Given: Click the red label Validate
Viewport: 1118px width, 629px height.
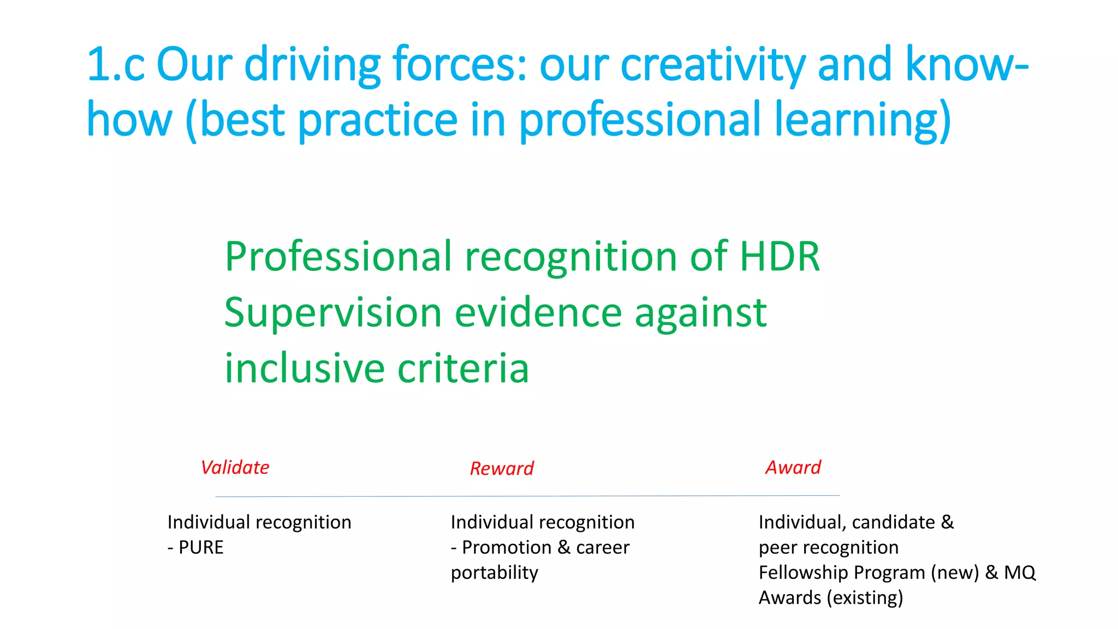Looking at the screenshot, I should [235, 467].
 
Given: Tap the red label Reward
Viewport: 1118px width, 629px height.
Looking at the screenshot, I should [502, 468].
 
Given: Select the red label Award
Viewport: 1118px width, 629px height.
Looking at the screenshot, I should [793, 467].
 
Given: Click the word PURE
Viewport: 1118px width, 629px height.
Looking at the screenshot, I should [201, 547].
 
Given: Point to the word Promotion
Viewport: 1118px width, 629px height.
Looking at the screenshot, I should [507, 547].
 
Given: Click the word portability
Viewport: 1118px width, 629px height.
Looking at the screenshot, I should [494, 572].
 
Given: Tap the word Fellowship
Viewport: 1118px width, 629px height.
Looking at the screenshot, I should [803, 572].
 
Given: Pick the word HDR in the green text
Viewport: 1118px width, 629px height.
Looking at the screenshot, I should [779, 256].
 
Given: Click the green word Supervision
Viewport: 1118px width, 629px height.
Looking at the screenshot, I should [333, 312].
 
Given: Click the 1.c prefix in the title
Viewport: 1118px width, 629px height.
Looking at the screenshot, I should [115, 64].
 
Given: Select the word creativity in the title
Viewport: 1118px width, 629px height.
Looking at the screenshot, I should [712, 64].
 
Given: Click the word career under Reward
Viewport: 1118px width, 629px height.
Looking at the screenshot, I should [603, 547].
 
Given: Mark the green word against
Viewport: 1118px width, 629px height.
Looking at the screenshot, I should [700, 312].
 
